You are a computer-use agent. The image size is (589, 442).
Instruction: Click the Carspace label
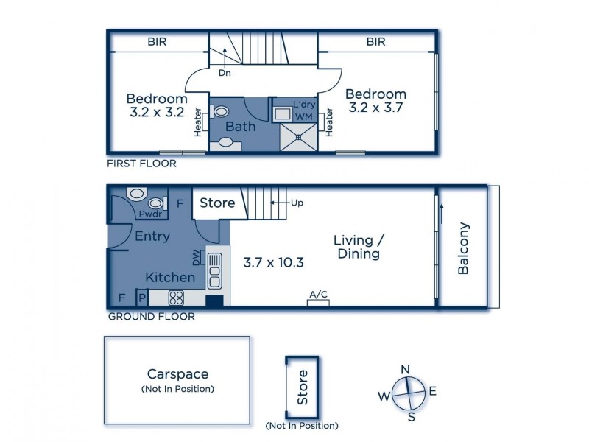coord(177,374)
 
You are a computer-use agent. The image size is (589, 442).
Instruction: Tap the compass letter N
coord(405,370)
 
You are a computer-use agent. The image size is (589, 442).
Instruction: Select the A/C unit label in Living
coord(319,294)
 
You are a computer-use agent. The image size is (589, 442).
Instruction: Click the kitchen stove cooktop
coord(176,298)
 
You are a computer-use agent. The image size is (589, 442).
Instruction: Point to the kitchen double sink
coord(214,270)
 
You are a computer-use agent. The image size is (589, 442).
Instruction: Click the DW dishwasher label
coord(197,259)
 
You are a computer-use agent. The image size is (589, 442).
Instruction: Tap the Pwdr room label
coord(150,214)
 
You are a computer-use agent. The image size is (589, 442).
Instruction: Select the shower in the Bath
coord(299,137)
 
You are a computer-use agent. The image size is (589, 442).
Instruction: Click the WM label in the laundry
coord(303,117)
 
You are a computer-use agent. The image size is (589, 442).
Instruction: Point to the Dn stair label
coord(225,73)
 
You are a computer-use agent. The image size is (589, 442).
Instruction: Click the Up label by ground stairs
coord(297,203)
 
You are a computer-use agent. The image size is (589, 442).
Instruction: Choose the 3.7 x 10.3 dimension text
coord(273,262)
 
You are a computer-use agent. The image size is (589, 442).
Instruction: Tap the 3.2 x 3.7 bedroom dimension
coord(375,108)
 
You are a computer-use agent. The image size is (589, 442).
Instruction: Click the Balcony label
coord(463,248)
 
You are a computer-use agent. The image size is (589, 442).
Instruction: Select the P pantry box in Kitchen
coord(142,298)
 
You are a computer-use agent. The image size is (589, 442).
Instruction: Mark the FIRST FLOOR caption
coord(141,164)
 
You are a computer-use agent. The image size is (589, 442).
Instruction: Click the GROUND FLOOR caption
coord(152,317)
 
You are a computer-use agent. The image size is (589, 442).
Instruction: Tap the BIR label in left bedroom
coord(157,41)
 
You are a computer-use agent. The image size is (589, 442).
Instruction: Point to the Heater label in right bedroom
coord(329,122)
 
